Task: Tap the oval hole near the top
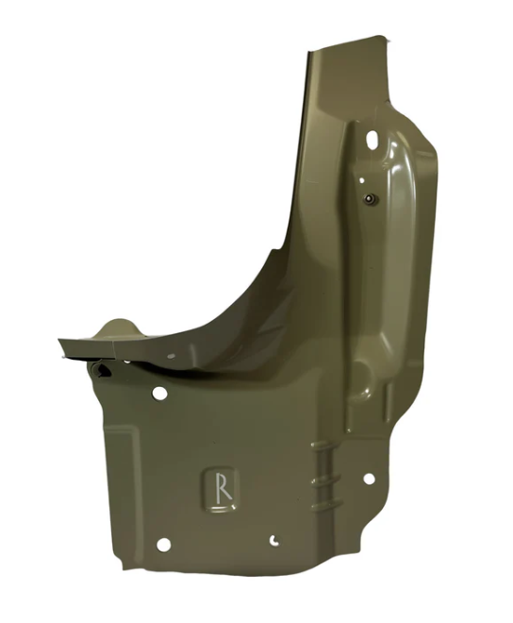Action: point(372,139)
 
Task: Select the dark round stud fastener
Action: point(371,198)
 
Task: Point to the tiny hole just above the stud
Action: point(362,180)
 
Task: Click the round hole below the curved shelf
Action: point(159,394)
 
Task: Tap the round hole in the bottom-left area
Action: point(163,545)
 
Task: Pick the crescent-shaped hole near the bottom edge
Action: point(273,540)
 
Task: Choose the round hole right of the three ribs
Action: point(369,479)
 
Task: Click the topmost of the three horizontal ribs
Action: point(325,446)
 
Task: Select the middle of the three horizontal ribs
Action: point(326,478)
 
